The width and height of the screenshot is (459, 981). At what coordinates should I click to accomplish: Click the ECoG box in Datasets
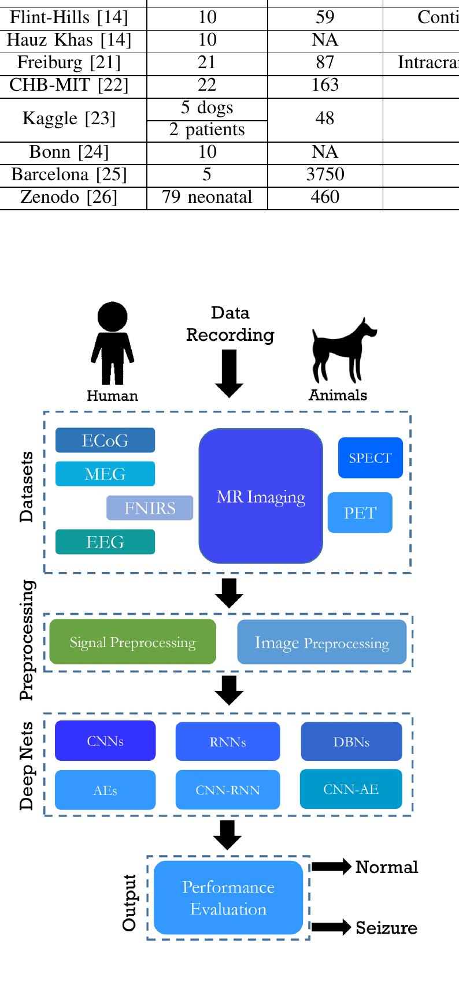[105, 440]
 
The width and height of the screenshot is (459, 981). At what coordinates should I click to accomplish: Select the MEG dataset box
[105, 474]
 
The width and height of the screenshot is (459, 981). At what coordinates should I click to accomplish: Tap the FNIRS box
[150, 508]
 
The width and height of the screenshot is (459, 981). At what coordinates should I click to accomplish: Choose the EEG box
[105, 542]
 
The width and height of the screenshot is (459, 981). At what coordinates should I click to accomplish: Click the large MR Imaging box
[261, 496]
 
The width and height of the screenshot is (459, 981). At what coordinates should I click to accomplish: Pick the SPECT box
[370, 458]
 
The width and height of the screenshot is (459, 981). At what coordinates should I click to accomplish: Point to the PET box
[360, 512]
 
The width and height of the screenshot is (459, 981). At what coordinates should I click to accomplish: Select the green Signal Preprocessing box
[132, 642]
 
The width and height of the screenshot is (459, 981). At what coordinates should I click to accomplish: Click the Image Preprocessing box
[322, 642]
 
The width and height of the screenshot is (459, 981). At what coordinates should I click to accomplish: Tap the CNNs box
[105, 741]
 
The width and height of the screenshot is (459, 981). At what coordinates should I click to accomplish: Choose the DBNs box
[351, 742]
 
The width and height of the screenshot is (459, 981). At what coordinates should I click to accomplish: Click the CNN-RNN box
[228, 790]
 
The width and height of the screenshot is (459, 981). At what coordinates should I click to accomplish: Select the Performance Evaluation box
[228, 898]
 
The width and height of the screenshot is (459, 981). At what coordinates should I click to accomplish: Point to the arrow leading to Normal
[331, 867]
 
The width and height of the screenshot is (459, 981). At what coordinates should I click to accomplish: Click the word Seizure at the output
[386, 928]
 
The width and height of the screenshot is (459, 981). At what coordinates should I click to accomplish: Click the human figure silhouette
[112, 344]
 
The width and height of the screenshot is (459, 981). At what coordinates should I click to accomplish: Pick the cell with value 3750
[325, 174]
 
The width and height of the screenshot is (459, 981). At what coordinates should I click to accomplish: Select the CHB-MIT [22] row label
[69, 85]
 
